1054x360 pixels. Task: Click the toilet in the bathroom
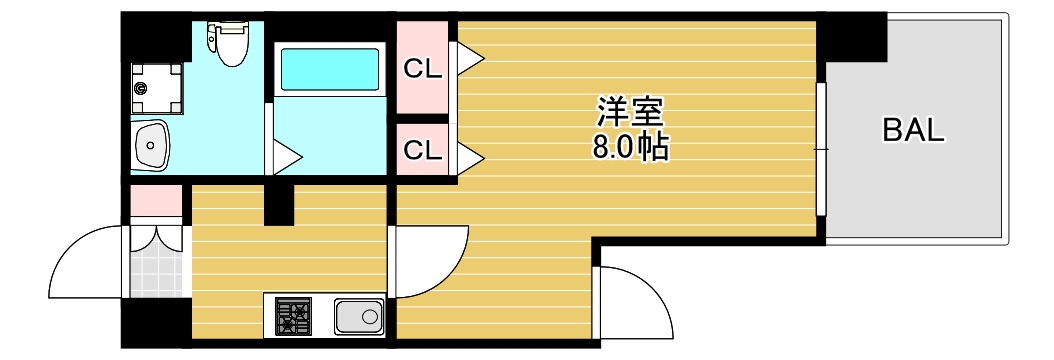(x=230, y=45)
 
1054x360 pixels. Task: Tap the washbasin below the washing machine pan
(x=153, y=148)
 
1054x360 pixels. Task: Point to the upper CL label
(x=422, y=69)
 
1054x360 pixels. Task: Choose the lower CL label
(x=422, y=150)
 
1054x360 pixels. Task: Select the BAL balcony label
(x=913, y=131)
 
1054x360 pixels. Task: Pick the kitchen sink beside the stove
(x=359, y=318)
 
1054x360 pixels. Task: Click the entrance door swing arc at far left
(x=85, y=262)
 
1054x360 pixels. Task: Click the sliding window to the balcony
(x=821, y=149)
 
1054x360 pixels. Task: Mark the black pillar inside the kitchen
(x=279, y=204)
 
